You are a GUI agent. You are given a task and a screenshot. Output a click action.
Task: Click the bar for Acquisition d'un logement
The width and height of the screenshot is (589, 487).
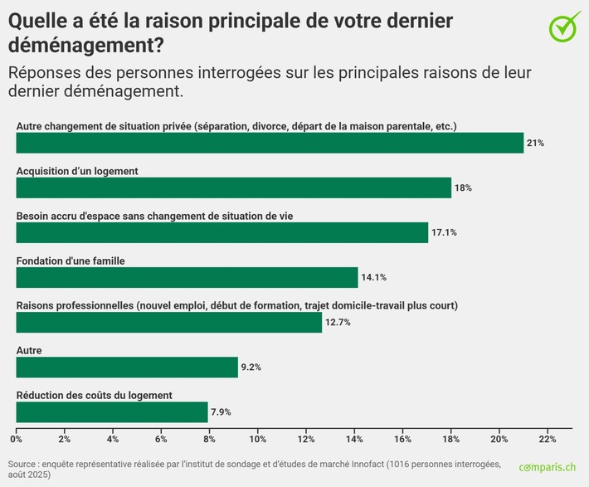(x=234, y=187)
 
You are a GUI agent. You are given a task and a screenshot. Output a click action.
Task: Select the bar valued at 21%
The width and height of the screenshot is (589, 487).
(x=270, y=143)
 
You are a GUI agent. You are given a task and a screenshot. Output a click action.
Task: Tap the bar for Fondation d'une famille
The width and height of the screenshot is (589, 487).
(x=187, y=277)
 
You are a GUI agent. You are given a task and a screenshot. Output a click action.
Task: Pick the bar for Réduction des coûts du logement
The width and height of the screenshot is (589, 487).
(x=112, y=412)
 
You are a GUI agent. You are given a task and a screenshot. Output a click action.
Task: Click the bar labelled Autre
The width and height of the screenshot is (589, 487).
(x=127, y=367)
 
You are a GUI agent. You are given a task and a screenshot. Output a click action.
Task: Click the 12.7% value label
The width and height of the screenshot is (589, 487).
(x=338, y=323)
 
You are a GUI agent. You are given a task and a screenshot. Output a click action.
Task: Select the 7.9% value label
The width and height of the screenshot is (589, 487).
(x=221, y=412)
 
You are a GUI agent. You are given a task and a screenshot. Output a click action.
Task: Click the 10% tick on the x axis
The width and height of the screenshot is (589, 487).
(x=257, y=438)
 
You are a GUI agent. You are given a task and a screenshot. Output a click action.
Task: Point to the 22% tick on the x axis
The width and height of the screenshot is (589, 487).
(x=548, y=438)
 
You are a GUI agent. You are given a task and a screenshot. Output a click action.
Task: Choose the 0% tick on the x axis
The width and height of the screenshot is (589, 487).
(x=16, y=438)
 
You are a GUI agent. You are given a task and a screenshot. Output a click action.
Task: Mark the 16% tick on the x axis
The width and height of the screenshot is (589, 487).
(x=402, y=438)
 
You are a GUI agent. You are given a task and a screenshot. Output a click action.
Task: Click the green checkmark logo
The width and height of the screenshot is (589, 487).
(x=565, y=26)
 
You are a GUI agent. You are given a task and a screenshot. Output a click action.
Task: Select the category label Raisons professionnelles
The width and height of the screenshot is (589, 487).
(x=75, y=305)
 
